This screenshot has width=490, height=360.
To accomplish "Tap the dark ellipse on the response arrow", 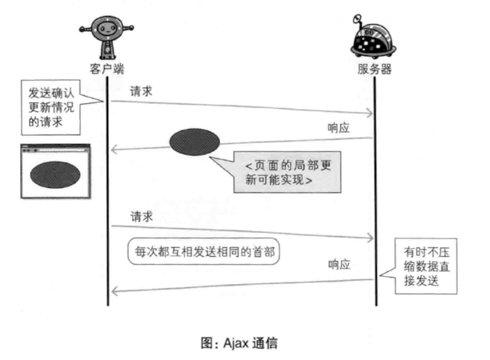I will [x=194, y=141].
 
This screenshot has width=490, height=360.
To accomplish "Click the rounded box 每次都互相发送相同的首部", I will [x=206, y=250].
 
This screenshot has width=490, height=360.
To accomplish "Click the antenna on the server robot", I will [x=359, y=15].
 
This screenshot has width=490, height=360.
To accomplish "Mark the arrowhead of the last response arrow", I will [x=114, y=291].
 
